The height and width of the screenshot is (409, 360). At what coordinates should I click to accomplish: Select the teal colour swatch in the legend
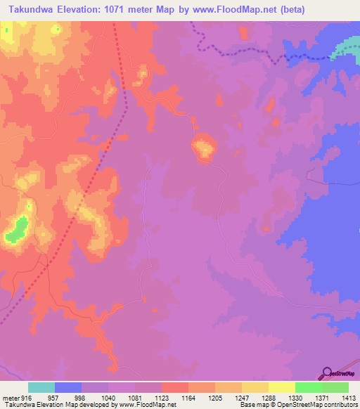coord(41,387)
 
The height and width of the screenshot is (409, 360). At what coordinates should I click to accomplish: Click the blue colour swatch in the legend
coord(68,387)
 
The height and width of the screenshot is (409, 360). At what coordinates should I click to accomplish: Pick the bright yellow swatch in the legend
coord(281,387)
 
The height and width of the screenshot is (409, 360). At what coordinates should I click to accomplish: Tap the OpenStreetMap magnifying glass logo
coord(327,373)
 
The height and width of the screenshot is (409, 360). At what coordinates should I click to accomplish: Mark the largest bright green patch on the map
coord(17,230)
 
